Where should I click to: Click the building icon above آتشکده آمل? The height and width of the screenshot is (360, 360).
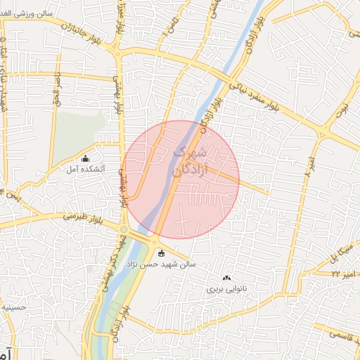(86, 158)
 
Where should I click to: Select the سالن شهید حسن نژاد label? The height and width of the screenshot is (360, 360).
(186, 264)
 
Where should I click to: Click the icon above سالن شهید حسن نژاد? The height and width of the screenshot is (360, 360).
(161, 253)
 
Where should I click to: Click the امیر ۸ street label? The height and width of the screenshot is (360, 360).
(308, 170)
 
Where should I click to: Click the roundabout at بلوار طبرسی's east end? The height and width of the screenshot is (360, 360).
(124, 230)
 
